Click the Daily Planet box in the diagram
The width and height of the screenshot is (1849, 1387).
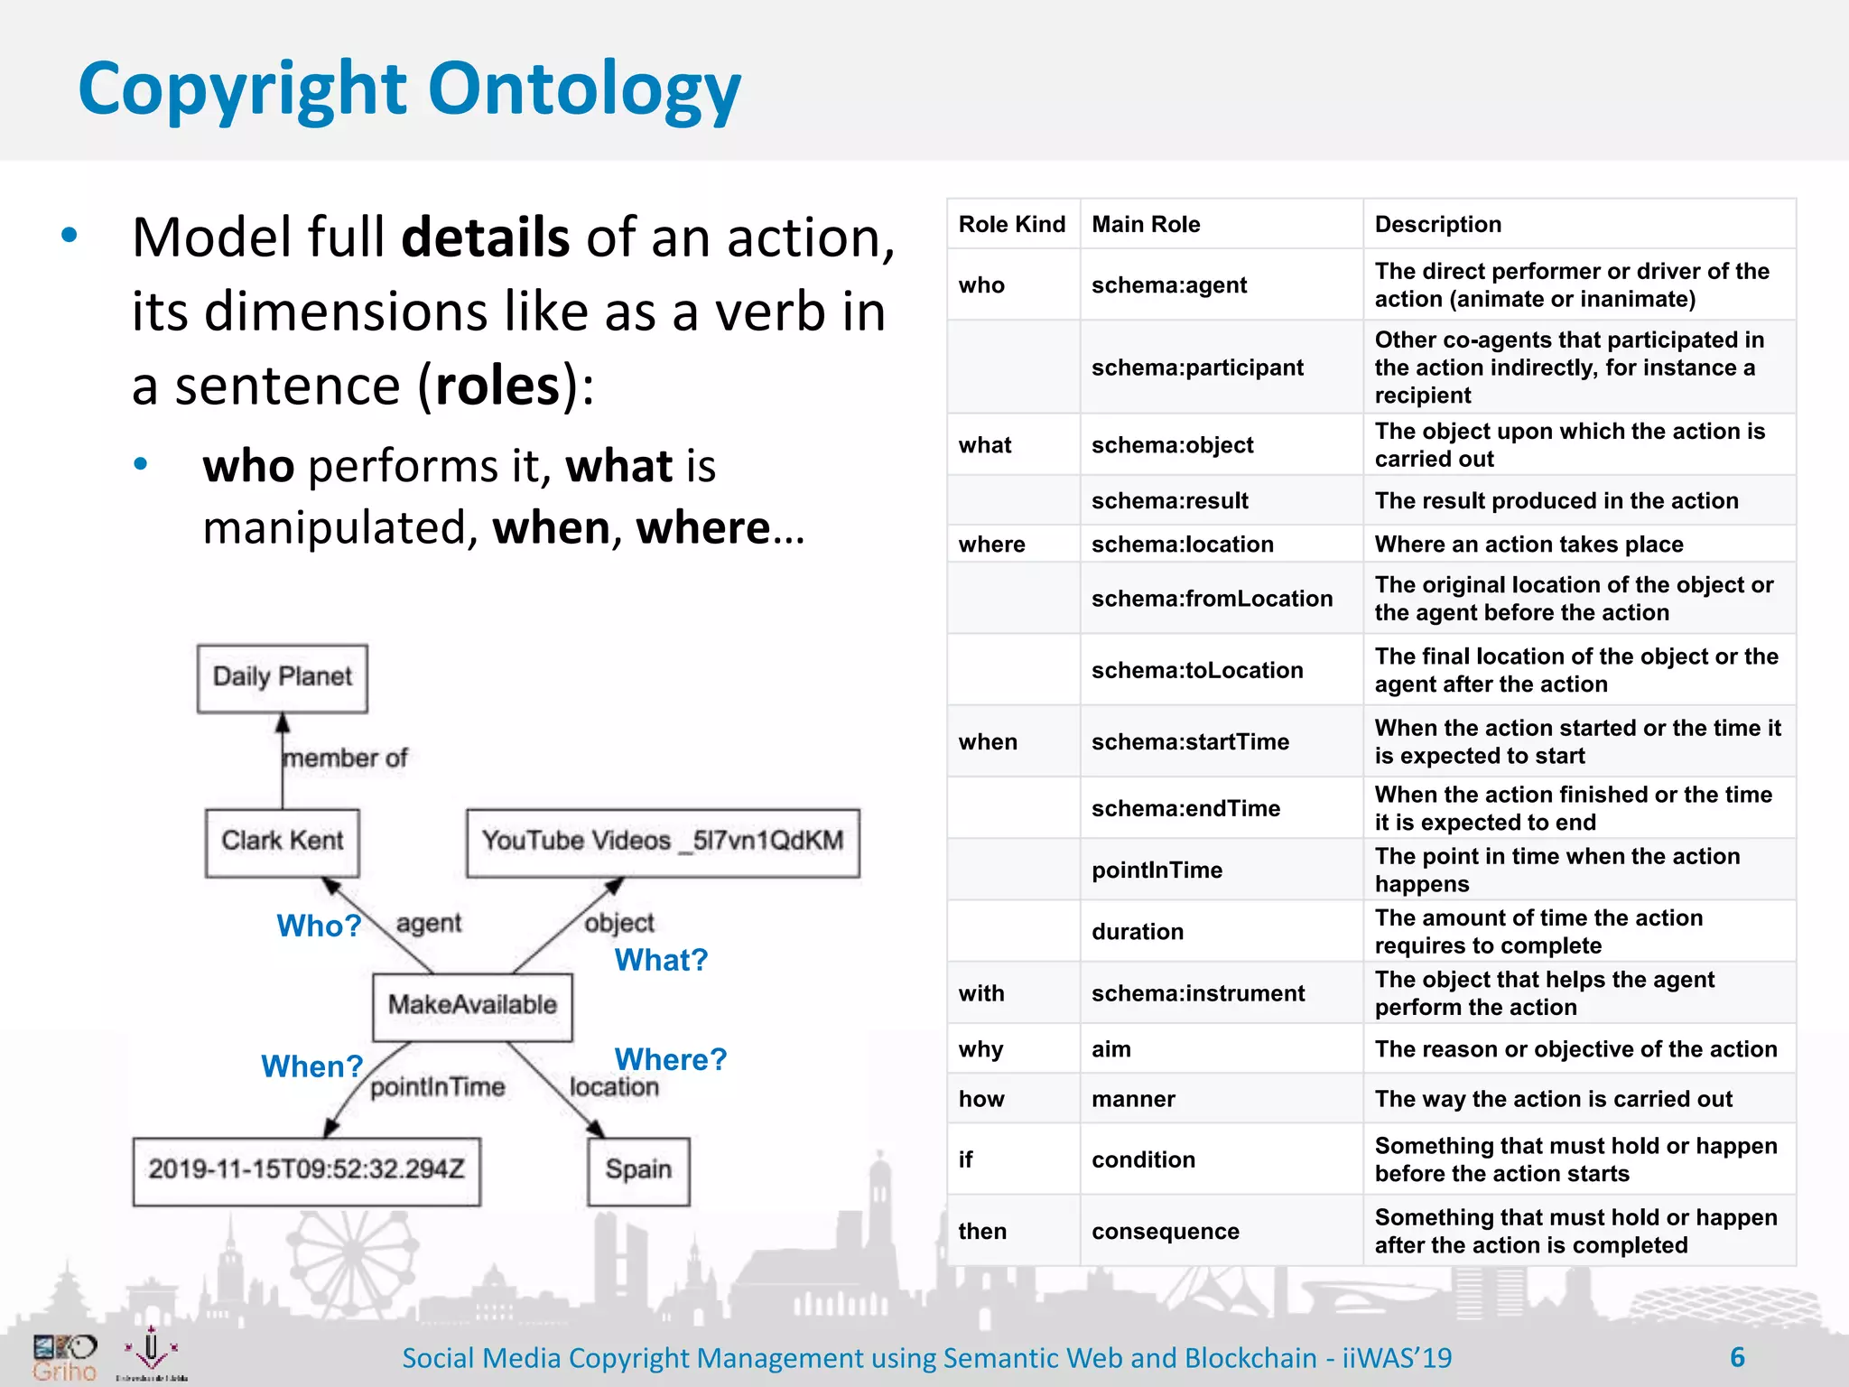click(282, 678)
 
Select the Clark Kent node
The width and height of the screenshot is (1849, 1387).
click(282, 842)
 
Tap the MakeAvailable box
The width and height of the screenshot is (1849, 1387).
click(472, 1006)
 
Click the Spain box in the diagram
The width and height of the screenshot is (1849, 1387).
click(638, 1170)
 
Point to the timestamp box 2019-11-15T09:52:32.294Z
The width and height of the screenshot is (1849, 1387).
click(306, 1170)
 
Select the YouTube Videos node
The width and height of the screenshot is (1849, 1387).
click(662, 842)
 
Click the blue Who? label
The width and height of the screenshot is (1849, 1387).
click(319, 926)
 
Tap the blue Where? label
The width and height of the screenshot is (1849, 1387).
click(670, 1059)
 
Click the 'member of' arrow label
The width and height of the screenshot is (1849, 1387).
click(345, 759)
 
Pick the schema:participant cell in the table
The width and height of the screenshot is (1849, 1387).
click(1197, 368)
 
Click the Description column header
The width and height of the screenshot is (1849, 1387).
click(1437, 225)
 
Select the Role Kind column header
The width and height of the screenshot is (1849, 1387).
click(1011, 225)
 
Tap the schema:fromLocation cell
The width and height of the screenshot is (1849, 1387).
click(1212, 599)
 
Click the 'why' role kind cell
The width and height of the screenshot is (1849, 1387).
click(980, 1049)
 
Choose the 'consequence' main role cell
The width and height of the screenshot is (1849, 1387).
click(1165, 1232)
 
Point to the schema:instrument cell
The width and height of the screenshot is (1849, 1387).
click(1197, 993)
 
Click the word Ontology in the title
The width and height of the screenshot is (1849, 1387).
click(584, 90)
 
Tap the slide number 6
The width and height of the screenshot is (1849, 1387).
click(1737, 1357)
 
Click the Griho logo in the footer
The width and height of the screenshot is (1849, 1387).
click(64, 1358)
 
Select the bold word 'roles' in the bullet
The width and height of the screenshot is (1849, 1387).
click(497, 386)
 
